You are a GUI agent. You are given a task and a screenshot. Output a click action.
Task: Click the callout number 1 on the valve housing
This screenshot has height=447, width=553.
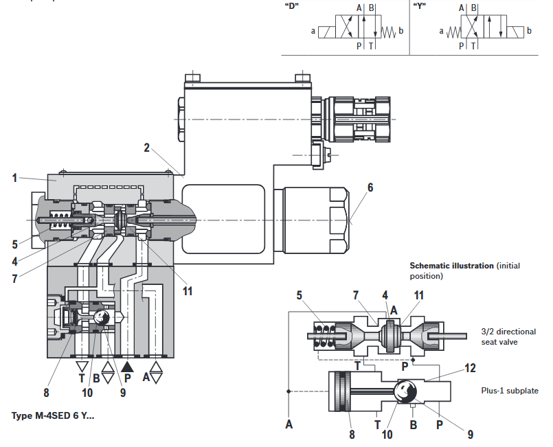click(14, 178)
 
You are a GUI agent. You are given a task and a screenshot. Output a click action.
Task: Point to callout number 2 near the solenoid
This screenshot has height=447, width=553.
click(147, 148)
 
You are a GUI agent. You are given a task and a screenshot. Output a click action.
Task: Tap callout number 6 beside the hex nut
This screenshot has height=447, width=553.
click(370, 187)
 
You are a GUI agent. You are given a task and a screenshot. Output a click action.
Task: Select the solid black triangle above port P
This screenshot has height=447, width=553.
click(127, 367)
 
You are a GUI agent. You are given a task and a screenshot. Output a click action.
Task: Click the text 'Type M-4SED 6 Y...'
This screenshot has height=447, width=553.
click(53, 415)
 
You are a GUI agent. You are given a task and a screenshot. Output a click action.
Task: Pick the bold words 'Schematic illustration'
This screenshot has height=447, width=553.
click(451, 266)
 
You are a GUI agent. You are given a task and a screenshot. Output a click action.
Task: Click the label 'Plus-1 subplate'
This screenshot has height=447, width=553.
click(510, 391)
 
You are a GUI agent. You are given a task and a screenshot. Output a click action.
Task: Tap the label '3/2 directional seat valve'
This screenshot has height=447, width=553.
click(508, 336)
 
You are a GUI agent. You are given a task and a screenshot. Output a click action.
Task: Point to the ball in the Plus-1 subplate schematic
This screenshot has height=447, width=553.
click(405, 391)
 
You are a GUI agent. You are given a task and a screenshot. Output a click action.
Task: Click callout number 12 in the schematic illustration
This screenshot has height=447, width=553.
click(470, 368)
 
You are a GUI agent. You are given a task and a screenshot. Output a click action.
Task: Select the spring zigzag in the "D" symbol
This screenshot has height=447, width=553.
click(388, 32)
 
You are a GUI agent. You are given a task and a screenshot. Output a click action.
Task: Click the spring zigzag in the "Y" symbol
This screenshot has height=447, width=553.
click(453, 32)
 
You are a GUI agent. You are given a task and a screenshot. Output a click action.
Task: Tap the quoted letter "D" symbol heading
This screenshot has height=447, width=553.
click(292, 7)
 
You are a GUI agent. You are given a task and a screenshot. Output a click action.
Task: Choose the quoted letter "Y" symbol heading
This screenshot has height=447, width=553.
click(419, 7)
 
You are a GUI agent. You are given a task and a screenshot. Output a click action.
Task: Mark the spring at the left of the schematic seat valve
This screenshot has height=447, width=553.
click(324, 336)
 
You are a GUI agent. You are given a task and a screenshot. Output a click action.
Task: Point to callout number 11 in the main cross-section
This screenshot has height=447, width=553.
click(188, 291)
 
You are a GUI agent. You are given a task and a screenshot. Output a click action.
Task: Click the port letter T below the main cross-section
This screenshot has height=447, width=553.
click(82, 378)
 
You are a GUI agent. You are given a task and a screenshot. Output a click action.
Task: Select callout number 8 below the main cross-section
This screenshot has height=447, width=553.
click(46, 392)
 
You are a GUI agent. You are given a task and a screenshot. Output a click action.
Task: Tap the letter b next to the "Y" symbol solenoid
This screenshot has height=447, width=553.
click(529, 31)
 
